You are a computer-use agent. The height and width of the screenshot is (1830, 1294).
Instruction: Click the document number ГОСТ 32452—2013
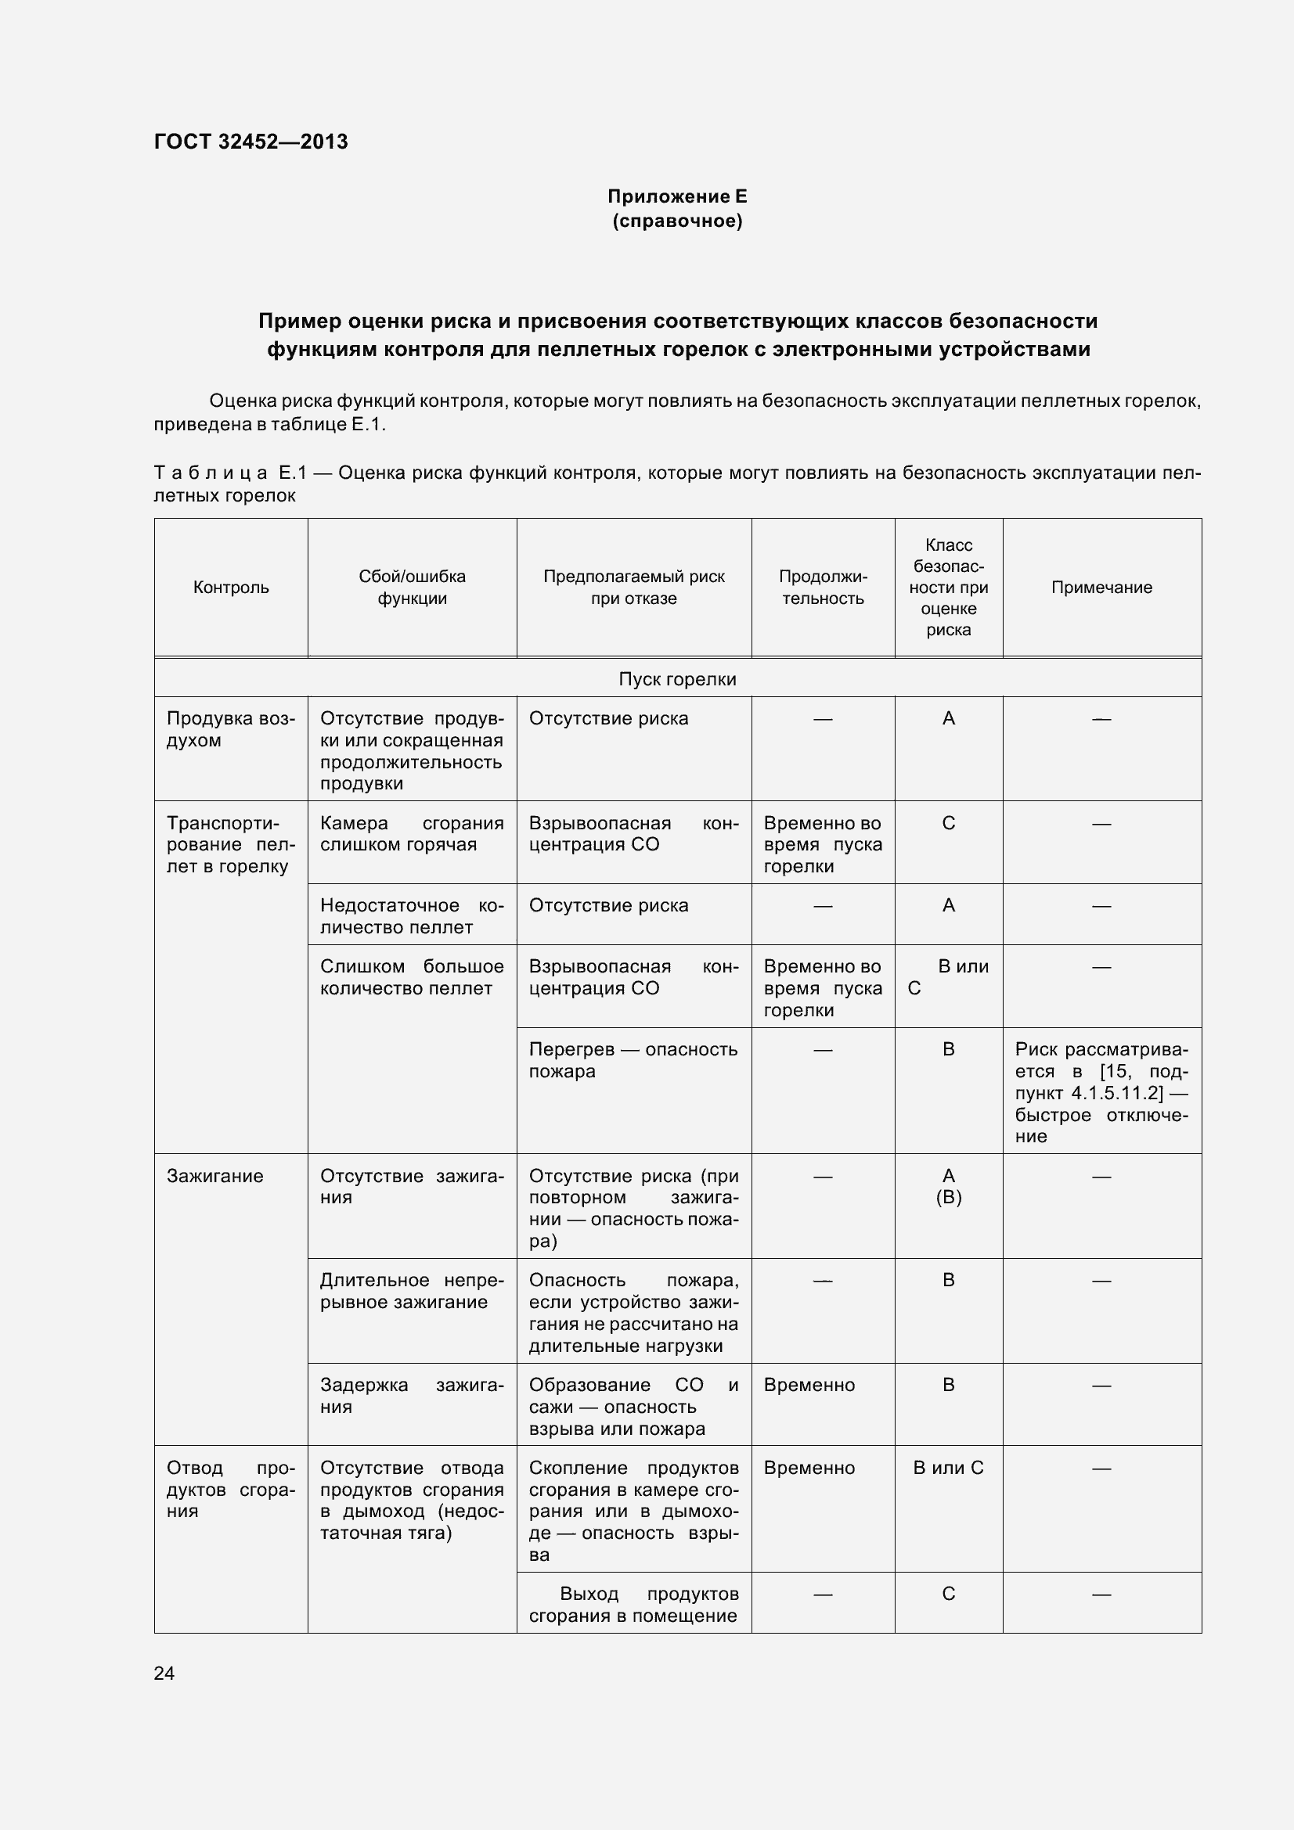pyautogui.click(x=251, y=142)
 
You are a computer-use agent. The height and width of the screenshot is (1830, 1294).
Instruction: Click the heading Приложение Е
pyautogui.click(x=677, y=196)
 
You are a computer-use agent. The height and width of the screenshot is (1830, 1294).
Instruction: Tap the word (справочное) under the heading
pyautogui.click(x=677, y=221)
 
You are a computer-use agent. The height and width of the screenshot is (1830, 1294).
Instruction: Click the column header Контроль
pyautogui.click(x=231, y=588)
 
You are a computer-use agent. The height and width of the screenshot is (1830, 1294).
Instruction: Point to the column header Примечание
pyautogui.click(x=1101, y=588)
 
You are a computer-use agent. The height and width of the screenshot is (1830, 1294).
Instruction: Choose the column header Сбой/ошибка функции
pyautogui.click(x=412, y=588)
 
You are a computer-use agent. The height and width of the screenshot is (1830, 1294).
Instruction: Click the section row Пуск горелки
pyautogui.click(x=677, y=679)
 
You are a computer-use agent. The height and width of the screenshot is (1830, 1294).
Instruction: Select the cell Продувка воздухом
pyautogui.click(x=230, y=729)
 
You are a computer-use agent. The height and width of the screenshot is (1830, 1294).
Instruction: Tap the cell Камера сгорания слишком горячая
pyautogui.click(x=412, y=834)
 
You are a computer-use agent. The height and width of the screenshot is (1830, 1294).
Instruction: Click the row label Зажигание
pyautogui.click(x=214, y=1176)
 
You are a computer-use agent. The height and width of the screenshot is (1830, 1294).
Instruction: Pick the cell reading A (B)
pyautogui.click(x=948, y=1186)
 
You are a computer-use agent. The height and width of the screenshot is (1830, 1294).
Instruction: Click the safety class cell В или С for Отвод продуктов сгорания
pyautogui.click(x=948, y=1467)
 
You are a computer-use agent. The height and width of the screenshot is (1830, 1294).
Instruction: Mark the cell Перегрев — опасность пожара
pyautogui.click(x=633, y=1060)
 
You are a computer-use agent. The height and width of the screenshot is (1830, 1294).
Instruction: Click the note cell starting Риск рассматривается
pyautogui.click(x=1101, y=1092)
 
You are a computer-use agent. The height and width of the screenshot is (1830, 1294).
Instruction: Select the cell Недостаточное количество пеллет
pyautogui.click(x=412, y=916)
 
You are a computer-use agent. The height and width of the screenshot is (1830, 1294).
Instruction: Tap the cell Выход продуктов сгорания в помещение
pyautogui.click(x=633, y=1605)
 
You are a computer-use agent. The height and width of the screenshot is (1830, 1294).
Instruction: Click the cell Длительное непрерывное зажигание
pyautogui.click(x=412, y=1290)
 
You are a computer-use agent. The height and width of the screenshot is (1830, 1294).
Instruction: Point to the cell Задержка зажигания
pyautogui.click(x=412, y=1396)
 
